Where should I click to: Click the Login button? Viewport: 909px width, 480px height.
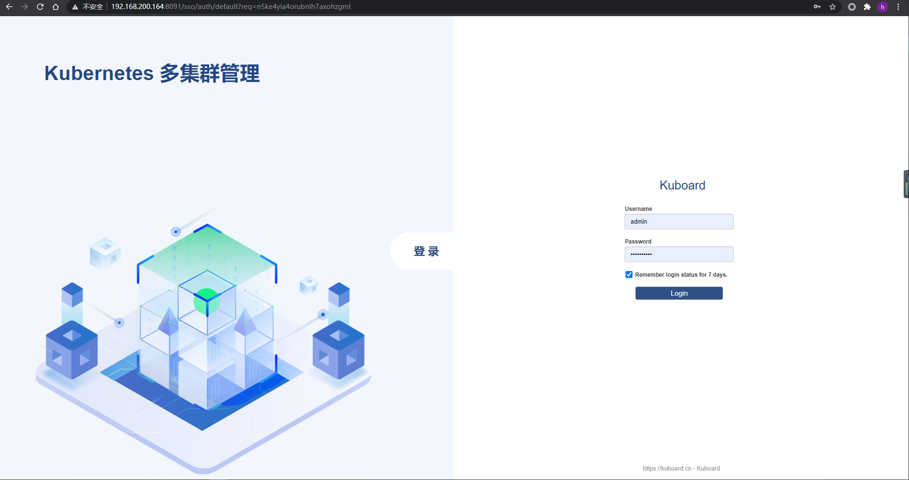tap(679, 293)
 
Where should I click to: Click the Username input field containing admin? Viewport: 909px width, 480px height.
tap(679, 222)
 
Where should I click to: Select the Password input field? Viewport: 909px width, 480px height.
tap(679, 254)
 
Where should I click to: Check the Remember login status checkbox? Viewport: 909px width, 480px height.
tap(629, 275)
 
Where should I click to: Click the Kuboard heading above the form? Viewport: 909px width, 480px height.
tap(682, 185)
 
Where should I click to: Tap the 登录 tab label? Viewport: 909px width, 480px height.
tap(426, 251)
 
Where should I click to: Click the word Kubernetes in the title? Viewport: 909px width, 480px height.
tap(99, 73)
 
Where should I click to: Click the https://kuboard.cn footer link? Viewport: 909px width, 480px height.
tap(667, 469)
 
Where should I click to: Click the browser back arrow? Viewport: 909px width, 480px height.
tap(9, 7)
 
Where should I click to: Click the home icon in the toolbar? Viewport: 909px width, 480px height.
tap(55, 7)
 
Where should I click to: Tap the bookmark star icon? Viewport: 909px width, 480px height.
tap(832, 7)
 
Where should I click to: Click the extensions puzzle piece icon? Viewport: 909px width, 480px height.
tap(867, 7)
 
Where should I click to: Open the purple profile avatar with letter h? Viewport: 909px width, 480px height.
tap(882, 7)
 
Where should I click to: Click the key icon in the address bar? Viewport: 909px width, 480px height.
tap(817, 7)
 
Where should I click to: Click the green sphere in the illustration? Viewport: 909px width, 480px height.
tap(207, 301)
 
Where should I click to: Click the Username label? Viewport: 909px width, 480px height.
tap(638, 209)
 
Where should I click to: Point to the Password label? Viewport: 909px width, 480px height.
tap(638, 242)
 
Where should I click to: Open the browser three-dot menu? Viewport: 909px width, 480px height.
tap(898, 7)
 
